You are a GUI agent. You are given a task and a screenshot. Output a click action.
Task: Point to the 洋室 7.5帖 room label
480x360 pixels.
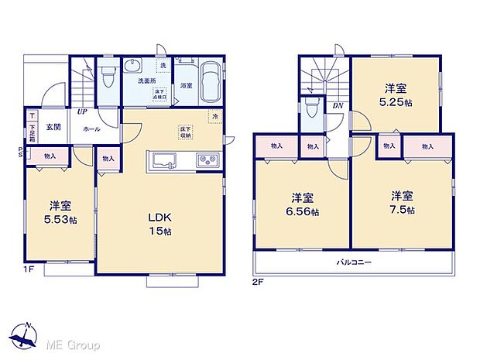tap(403, 202)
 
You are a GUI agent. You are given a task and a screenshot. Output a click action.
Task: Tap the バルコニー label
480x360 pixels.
tap(354, 263)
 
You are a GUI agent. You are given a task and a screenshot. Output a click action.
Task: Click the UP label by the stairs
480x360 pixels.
tap(81, 111)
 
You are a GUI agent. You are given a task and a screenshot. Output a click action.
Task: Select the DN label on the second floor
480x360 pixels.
tap(338, 105)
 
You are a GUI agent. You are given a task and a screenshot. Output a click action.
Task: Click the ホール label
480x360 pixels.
tap(91, 129)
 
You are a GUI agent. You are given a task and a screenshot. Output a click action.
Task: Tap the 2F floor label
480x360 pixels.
tap(258, 283)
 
